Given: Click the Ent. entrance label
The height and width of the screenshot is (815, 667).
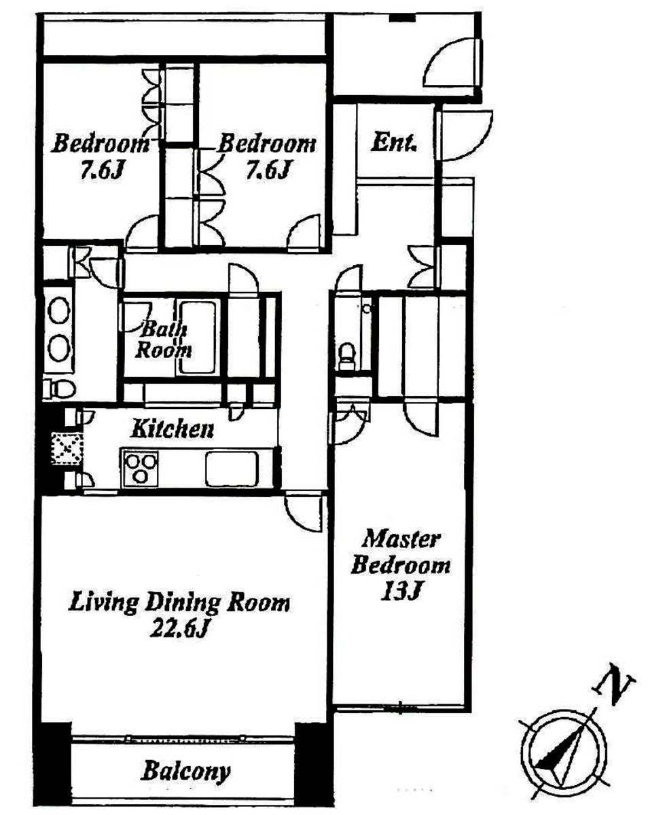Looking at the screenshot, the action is pyautogui.click(x=393, y=143).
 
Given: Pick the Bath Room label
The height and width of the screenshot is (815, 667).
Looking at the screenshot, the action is pyautogui.click(x=163, y=340).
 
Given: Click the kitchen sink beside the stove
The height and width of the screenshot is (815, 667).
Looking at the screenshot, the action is pyautogui.click(x=232, y=469).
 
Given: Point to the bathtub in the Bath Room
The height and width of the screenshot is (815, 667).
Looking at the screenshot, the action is pyautogui.click(x=198, y=338).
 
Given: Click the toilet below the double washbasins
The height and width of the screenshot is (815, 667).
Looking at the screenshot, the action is pyautogui.click(x=59, y=388).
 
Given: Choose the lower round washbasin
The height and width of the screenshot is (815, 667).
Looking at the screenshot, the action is pyautogui.click(x=59, y=348).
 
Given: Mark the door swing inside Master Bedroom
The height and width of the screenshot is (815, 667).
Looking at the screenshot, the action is pyautogui.click(x=420, y=419).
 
